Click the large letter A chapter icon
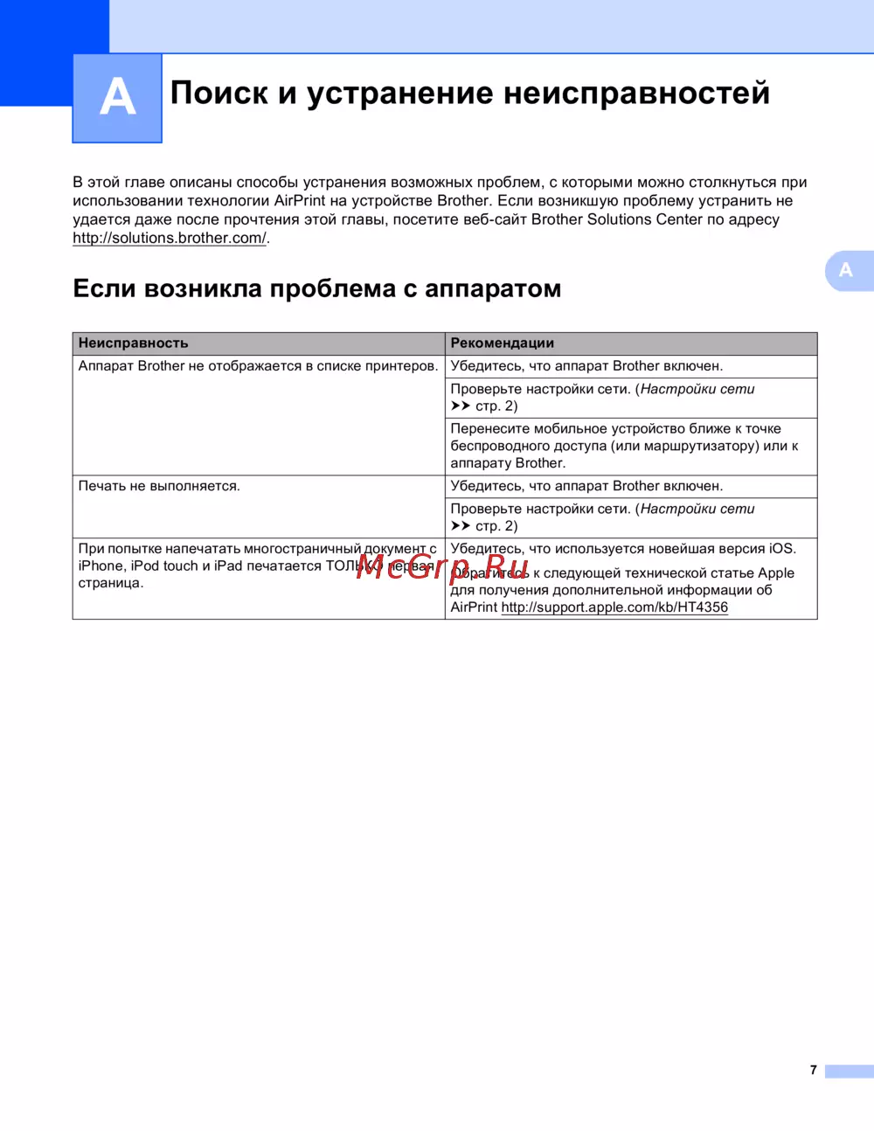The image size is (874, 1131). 117,98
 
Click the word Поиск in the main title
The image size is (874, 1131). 218,93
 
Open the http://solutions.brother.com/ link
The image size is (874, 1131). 170,238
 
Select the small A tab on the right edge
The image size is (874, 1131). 846,270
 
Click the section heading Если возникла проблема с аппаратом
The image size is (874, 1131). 316,288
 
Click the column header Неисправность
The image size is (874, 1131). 133,343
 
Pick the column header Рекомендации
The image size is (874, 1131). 502,343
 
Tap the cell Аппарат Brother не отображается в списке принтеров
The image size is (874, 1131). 258,366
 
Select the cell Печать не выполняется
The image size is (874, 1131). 158,486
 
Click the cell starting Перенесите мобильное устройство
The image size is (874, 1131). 624,446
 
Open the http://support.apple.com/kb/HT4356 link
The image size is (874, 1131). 614,607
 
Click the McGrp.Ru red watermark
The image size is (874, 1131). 442,567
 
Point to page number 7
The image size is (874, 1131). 813,1070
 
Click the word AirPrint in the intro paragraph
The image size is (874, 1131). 299,201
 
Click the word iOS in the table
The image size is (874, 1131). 781,549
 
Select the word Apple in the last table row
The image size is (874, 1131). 776,573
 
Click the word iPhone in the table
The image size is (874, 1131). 101,566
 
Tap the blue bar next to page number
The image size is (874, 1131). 849,1071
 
